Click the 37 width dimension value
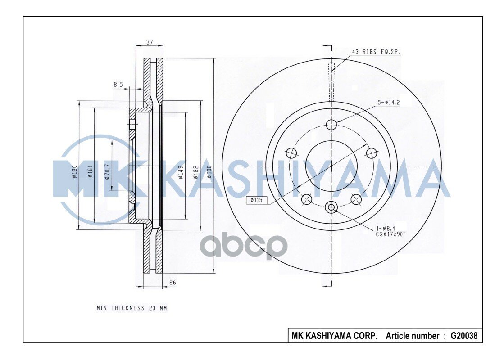[x=150, y=42]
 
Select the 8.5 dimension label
[x=118, y=85]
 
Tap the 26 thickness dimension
[x=173, y=283]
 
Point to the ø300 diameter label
[x=209, y=172]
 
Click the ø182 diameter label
[x=196, y=172]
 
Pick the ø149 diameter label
[x=181, y=172]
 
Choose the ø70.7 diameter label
[x=107, y=172]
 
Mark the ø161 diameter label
[x=91, y=172]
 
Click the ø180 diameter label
[x=74, y=172]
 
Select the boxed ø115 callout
[x=256, y=200]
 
